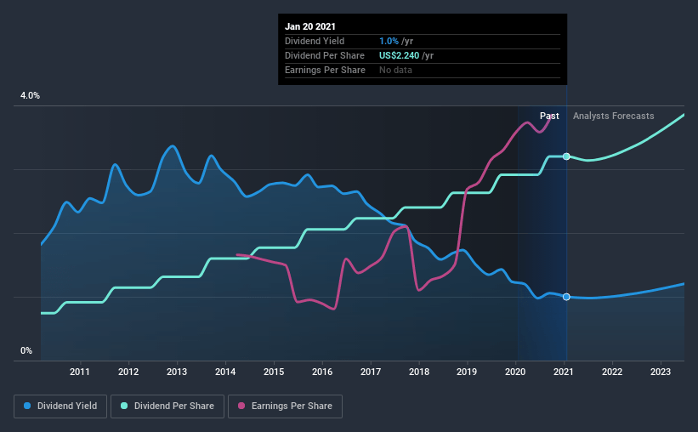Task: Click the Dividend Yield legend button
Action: [60, 406]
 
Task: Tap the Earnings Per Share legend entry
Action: [285, 406]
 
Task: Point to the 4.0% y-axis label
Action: [30, 96]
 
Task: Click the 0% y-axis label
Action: [26, 350]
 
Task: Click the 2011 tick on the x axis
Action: [80, 372]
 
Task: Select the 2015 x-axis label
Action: [274, 372]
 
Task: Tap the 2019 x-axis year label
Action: [467, 372]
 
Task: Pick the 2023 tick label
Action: [661, 372]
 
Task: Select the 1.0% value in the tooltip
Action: [389, 41]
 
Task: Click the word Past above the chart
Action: [549, 116]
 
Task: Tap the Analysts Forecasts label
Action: [613, 116]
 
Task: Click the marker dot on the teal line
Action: [566, 156]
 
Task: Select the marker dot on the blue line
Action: [566, 297]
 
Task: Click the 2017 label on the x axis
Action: [371, 372]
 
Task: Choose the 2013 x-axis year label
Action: [177, 372]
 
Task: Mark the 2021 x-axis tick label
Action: [564, 372]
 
